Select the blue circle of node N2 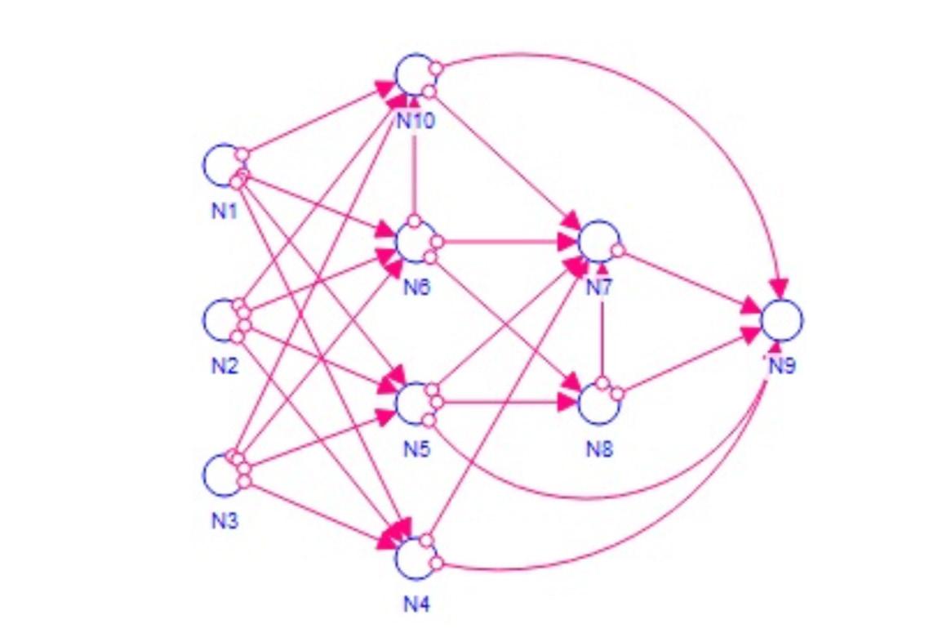coord(223,319)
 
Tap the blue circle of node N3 coord(223,475)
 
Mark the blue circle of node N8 coord(599,401)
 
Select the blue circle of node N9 coord(781,319)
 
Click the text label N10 coord(416,121)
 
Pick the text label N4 coord(416,604)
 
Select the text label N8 coord(599,448)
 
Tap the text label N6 coord(416,288)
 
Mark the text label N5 coord(416,448)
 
